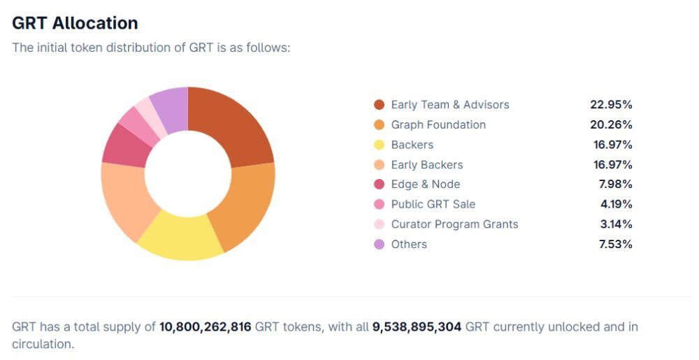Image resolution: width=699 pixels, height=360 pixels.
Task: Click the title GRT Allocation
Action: click(75, 22)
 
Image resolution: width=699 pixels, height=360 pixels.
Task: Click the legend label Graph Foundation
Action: click(438, 124)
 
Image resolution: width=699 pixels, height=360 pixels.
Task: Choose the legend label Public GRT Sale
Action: click(433, 204)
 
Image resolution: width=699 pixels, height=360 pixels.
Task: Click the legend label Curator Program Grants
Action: click(454, 224)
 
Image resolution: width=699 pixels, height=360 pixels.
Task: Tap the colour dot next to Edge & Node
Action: click(379, 185)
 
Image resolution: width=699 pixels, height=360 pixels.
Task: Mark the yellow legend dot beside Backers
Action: click(379, 145)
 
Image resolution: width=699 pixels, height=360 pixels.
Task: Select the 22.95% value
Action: click(611, 105)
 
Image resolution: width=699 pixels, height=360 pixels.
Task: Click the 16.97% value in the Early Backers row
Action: click(611, 165)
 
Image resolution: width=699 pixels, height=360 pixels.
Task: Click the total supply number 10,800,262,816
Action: click(205, 327)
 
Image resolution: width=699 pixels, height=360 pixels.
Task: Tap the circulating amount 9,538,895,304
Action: click(417, 327)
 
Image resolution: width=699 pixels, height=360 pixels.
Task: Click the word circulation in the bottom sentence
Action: click(43, 344)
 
